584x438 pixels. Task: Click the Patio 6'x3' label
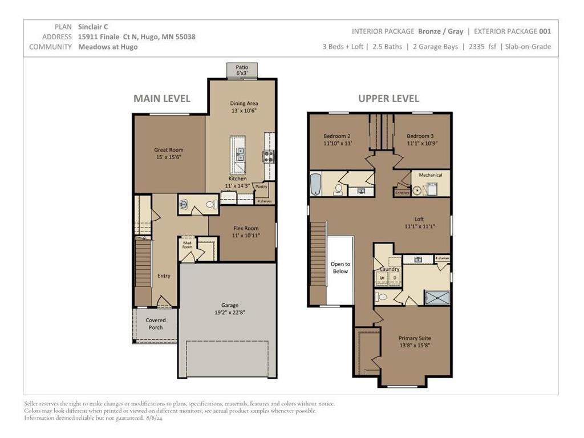click(x=242, y=70)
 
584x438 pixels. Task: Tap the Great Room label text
click(x=168, y=150)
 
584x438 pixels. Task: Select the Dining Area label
click(x=244, y=104)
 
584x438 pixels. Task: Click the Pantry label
click(x=261, y=186)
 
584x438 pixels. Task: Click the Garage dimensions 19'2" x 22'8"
click(x=230, y=313)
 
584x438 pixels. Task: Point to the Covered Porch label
click(x=156, y=324)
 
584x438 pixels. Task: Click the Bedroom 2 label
click(x=336, y=136)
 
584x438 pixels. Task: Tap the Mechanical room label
click(x=430, y=175)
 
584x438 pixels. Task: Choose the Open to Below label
click(x=340, y=267)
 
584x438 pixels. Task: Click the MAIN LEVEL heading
click(x=161, y=99)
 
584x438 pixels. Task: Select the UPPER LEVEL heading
click(x=388, y=99)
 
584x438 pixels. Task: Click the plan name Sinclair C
click(x=93, y=26)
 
